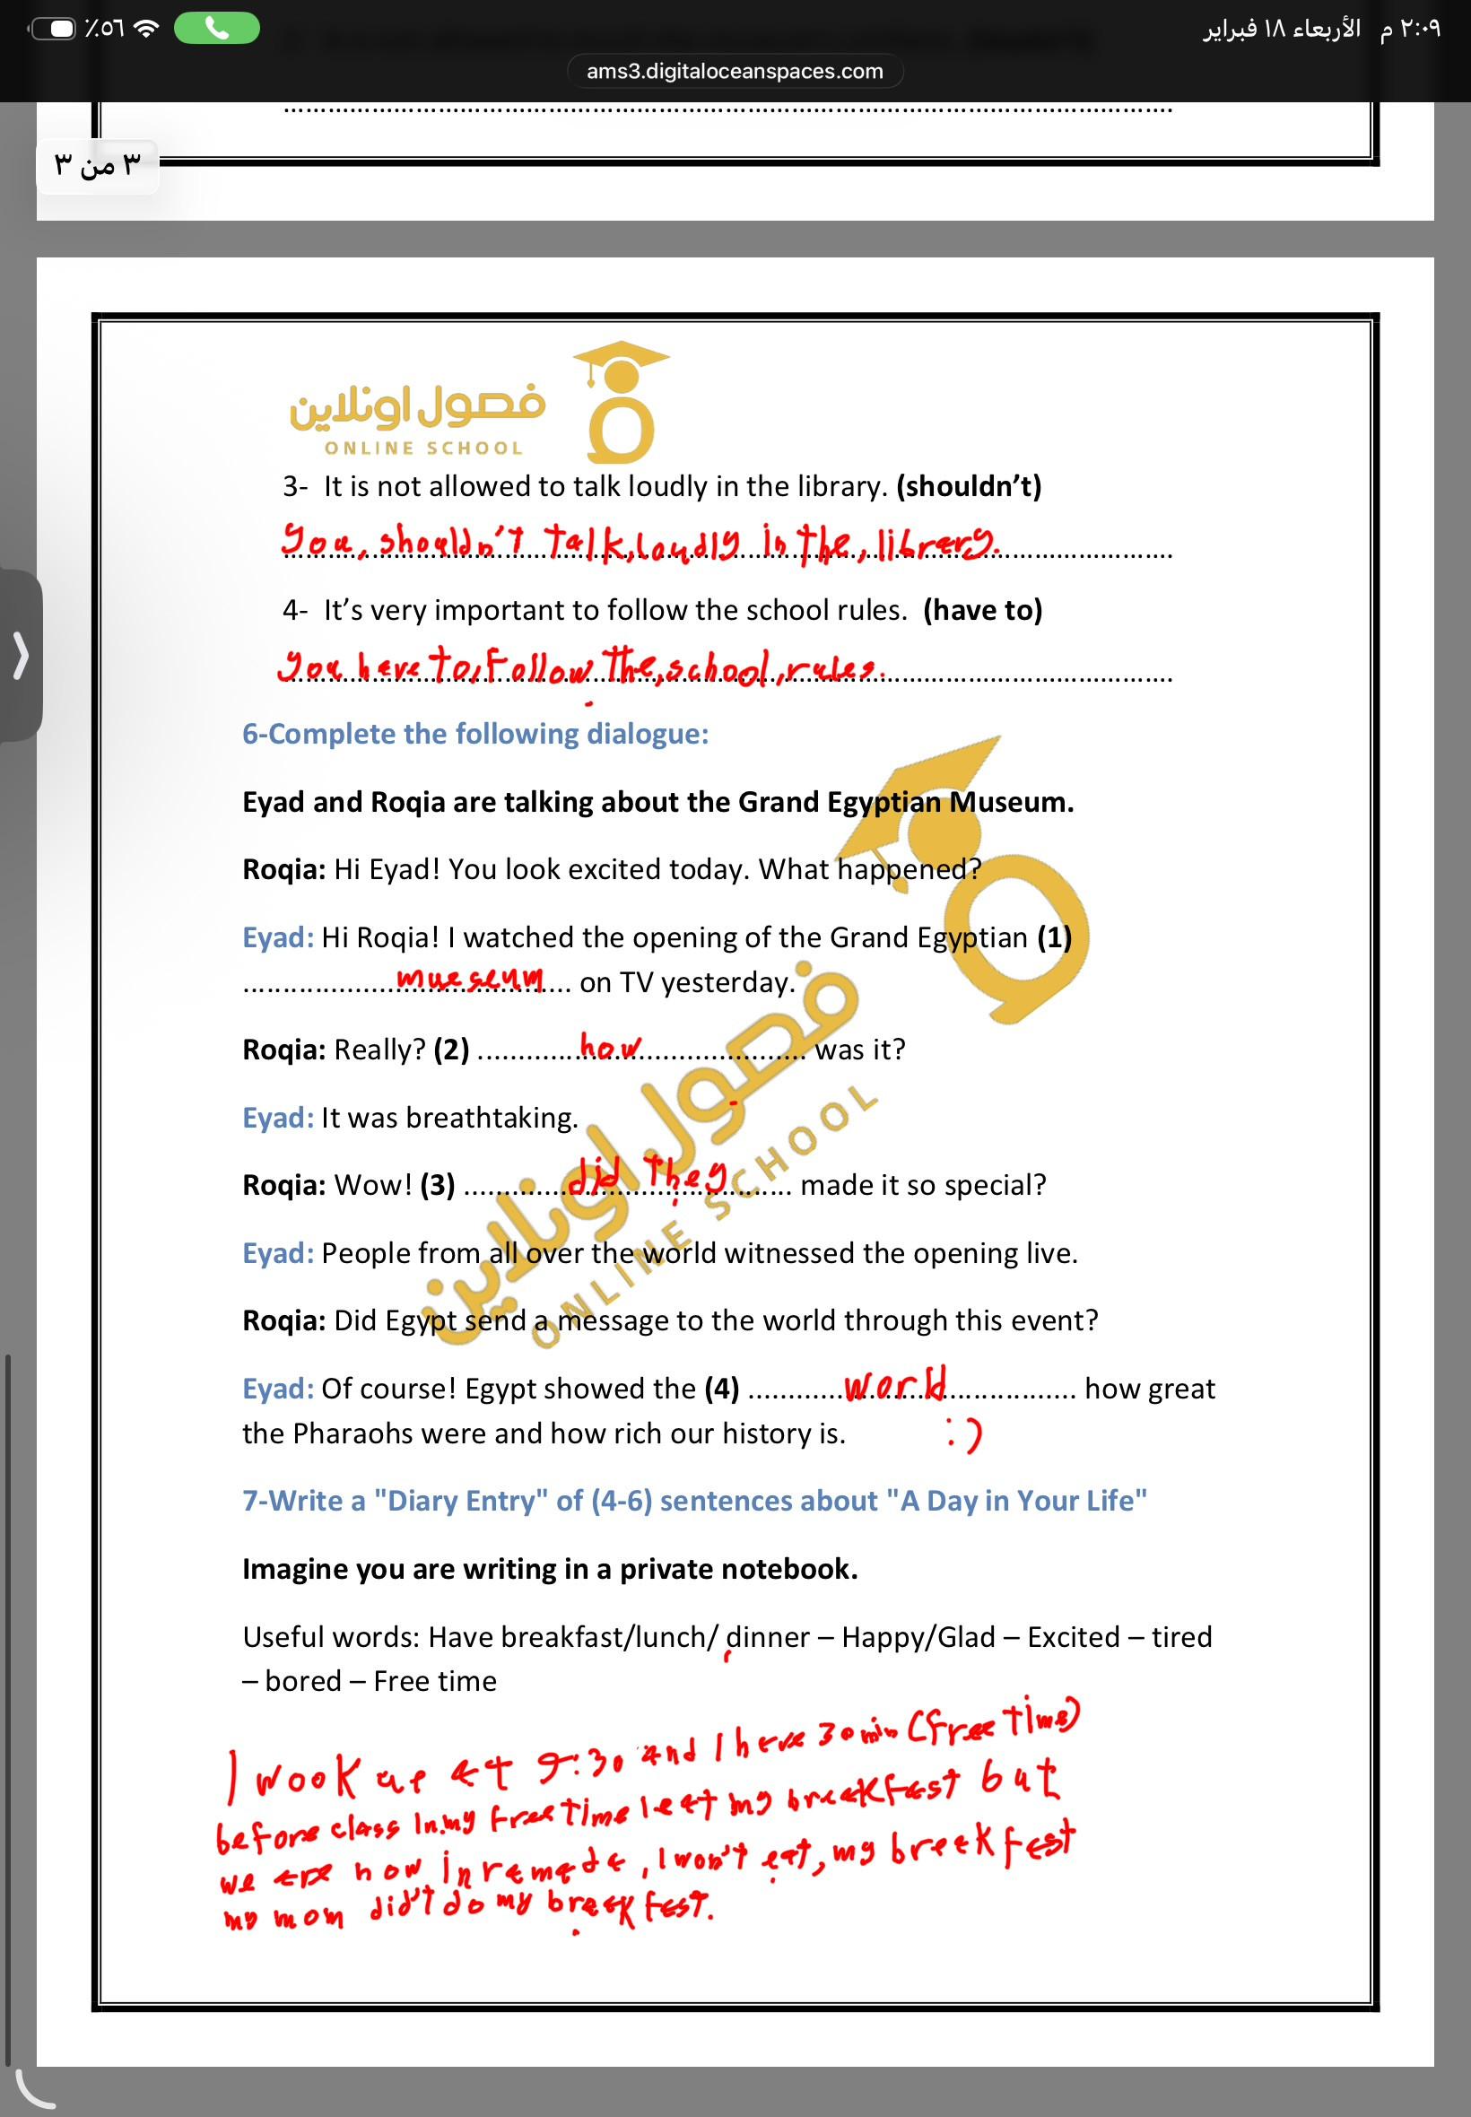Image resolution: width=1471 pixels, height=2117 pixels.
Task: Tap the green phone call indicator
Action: [x=216, y=29]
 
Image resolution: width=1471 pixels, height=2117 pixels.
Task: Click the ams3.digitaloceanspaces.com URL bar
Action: [x=735, y=71]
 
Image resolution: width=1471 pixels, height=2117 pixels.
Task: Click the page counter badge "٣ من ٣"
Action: [x=98, y=166]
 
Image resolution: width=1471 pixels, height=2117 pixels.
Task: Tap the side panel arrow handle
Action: [x=21, y=656]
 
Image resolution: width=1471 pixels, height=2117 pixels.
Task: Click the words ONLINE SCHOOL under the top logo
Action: [x=423, y=449]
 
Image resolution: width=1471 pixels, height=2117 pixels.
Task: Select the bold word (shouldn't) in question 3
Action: [x=969, y=486]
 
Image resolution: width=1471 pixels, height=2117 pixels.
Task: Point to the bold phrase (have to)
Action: [x=982, y=610]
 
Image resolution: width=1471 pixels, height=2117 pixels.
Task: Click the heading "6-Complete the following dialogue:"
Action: [x=475, y=734]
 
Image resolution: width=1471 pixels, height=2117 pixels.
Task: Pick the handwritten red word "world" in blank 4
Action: [x=895, y=1385]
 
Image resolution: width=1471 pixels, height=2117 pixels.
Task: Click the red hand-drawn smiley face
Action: [x=964, y=1435]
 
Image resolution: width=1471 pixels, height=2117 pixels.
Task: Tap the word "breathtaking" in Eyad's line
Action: [x=492, y=1118]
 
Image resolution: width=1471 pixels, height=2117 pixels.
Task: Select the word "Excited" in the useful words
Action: [x=1073, y=1637]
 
